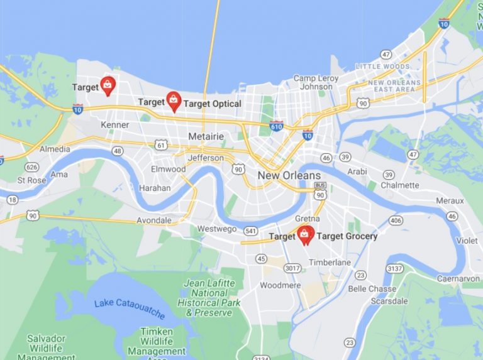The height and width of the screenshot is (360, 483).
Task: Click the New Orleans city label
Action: [289, 175]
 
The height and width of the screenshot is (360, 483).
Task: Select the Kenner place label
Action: [114, 125]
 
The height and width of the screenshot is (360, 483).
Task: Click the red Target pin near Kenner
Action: [108, 85]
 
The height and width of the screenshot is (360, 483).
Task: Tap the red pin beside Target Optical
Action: [174, 101]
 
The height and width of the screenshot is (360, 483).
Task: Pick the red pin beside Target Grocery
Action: [305, 235]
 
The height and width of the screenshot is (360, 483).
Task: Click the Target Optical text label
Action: [213, 103]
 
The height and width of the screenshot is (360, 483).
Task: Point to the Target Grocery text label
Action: [347, 236]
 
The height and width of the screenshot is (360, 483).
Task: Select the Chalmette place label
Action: [400, 185]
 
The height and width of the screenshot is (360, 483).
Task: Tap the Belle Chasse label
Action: [372, 288]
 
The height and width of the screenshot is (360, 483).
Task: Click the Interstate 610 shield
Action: [275, 125]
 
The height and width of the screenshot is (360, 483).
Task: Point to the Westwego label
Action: [217, 229]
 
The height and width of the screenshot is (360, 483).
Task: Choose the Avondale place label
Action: [153, 221]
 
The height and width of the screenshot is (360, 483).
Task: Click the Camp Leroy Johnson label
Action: [316, 82]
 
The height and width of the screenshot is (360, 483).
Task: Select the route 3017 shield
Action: [291, 268]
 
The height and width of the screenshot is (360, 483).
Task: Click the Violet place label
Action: [466, 241]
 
